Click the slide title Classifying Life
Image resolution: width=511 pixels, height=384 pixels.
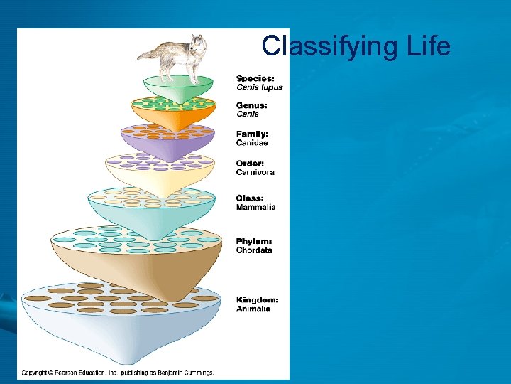pyautogui.click(x=356, y=46)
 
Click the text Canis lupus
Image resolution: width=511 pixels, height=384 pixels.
pyautogui.click(x=259, y=87)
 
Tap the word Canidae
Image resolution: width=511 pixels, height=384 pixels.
pyautogui.click(x=253, y=143)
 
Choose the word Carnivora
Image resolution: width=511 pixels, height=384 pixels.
pyautogui.click(x=255, y=172)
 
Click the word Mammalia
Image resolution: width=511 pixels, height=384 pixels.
pyautogui.click(x=255, y=207)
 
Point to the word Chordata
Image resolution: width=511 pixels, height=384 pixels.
pyautogui.click(x=254, y=250)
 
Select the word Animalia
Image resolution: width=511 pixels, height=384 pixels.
pyautogui.click(x=253, y=309)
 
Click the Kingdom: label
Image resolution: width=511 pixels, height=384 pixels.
pyautogui.click(x=257, y=299)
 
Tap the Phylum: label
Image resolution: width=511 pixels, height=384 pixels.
pyautogui.click(x=254, y=241)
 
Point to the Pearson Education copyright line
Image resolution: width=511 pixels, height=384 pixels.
pyautogui.click(x=117, y=372)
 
